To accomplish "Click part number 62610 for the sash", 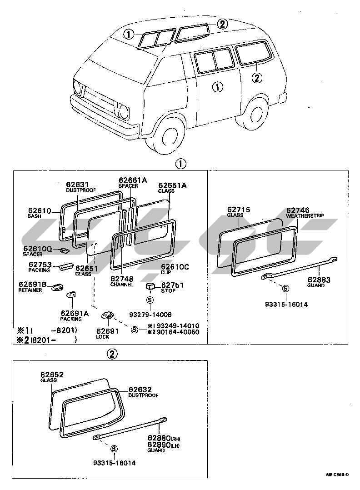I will pyautogui.click(x=39, y=210).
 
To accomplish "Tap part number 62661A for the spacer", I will pyautogui.click(x=133, y=180).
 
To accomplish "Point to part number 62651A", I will pyautogui.click(x=172, y=185).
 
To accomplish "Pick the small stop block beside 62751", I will pyautogui.click(x=150, y=285).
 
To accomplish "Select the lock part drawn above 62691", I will pyautogui.click(x=108, y=315).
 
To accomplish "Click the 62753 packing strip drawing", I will pyautogui.click(x=65, y=266).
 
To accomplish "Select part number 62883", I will pyautogui.click(x=319, y=280).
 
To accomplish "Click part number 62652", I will pyautogui.click(x=52, y=375).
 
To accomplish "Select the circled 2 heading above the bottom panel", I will pyautogui.click(x=113, y=354).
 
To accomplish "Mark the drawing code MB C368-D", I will pyautogui.click(x=337, y=475).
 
